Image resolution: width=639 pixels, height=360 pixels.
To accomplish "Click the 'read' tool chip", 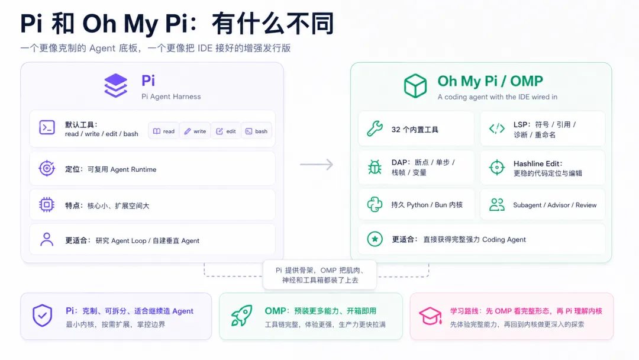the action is tap(163, 131).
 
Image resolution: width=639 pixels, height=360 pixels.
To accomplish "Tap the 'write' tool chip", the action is tap(195, 131).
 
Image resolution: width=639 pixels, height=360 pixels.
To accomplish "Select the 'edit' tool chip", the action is tap(226, 131).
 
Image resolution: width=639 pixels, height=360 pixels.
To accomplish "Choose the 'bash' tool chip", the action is tap(256, 131).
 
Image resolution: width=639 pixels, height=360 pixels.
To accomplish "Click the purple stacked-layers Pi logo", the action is tap(116, 86).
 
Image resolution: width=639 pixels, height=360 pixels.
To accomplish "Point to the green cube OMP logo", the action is tap(415, 86).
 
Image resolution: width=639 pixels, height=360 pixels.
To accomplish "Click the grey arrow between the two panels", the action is tap(317, 164).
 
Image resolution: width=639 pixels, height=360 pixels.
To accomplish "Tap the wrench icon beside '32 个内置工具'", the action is tap(375, 129).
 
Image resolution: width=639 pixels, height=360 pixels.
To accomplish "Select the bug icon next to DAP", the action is tap(375, 167).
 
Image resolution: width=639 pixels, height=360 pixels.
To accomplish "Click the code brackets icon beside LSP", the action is tap(497, 129).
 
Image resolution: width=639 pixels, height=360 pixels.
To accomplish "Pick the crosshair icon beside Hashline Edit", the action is tap(497, 167).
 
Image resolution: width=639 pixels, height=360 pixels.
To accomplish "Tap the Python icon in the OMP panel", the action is tap(375, 204).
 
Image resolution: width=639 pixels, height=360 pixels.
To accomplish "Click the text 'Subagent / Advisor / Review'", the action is tap(554, 205).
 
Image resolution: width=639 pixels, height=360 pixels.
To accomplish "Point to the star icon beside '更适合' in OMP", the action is tap(375, 239).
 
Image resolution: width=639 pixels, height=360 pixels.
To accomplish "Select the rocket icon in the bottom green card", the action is tap(241, 316).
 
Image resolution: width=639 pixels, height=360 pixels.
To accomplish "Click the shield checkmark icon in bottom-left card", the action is tap(43, 316).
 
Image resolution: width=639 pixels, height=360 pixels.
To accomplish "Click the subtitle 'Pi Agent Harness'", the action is tap(171, 97).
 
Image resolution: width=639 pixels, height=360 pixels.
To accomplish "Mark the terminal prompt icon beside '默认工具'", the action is tap(47, 128).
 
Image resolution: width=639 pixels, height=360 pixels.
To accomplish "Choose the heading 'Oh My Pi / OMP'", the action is tap(490, 81).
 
